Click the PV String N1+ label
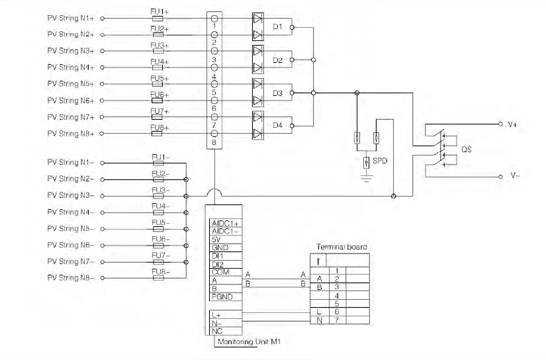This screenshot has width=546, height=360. (x=71, y=18)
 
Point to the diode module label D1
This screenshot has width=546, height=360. (x=278, y=28)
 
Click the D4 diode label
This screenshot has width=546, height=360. (x=278, y=125)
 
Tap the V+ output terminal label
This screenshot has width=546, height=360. (x=512, y=124)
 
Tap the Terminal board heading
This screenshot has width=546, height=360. (x=341, y=247)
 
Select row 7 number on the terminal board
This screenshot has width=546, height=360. (x=338, y=320)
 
